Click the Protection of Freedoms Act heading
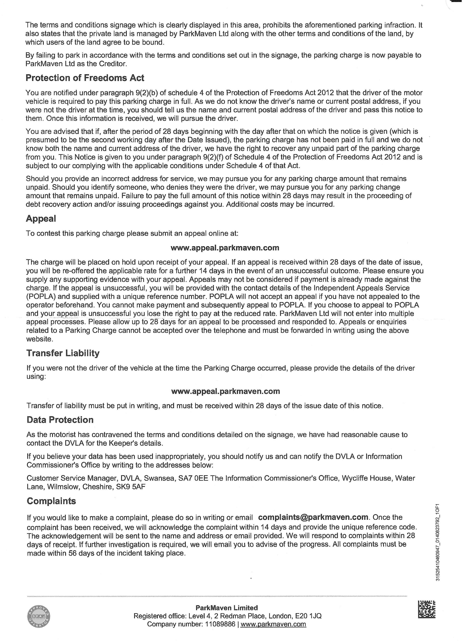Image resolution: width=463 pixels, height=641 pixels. pyautogui.click(x=85, y=78)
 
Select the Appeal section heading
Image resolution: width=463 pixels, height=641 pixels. pyautogui.click(x=41, y=218)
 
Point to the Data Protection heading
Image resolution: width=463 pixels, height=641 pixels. pyautogui.click(x=60, y=420)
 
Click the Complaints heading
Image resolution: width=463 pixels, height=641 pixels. pyautogui.click(x=51, y=501)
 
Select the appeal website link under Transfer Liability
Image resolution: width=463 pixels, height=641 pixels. pyautogui.click(x=225, y=391)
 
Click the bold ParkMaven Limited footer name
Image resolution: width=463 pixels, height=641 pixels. pyautogui.click(x=227, y=608)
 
